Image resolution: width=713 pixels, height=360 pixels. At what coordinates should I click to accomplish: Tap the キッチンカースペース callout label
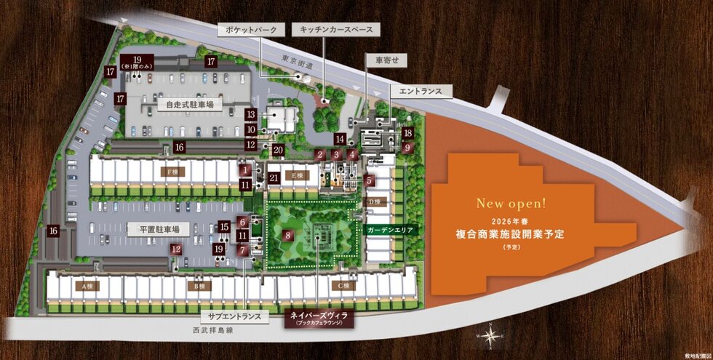pos(334,30)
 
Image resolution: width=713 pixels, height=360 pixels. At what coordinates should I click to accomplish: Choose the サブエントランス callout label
pos(234,317)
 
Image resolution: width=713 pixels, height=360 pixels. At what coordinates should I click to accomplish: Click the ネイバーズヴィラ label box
pos(320,318)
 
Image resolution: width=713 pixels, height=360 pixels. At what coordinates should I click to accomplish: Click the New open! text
pos(511,201)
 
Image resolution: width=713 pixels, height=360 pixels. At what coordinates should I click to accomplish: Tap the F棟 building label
pos(171,172)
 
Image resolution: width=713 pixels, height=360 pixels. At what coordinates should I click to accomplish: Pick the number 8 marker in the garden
pos(288,236)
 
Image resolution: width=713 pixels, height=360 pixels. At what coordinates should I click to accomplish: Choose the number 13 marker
pos(250,115)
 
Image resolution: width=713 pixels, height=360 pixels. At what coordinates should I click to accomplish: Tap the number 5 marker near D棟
pos(370,180)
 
